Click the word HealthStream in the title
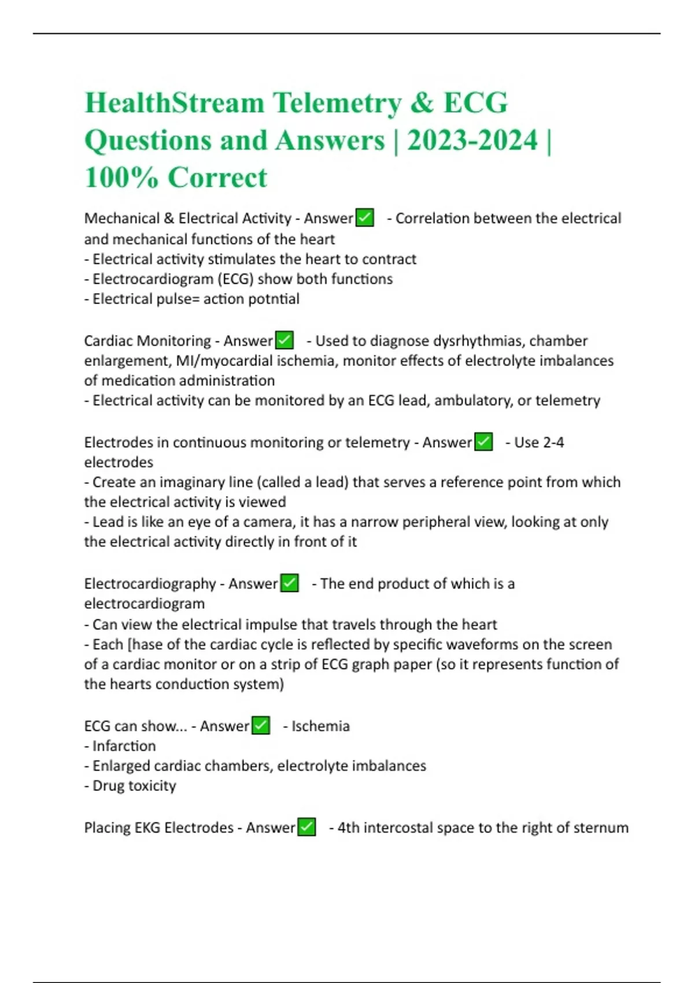click(175, 103)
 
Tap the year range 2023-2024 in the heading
click(472, 141)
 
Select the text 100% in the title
click(121, 178)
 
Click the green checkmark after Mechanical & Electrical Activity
click(364, 218)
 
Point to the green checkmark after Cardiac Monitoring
click(285, 341)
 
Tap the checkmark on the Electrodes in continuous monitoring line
click(483, 442)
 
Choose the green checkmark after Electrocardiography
click(289, 583)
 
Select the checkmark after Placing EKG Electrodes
click(307, 827)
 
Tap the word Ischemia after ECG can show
click(320, 726)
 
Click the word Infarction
click(124, 746)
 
